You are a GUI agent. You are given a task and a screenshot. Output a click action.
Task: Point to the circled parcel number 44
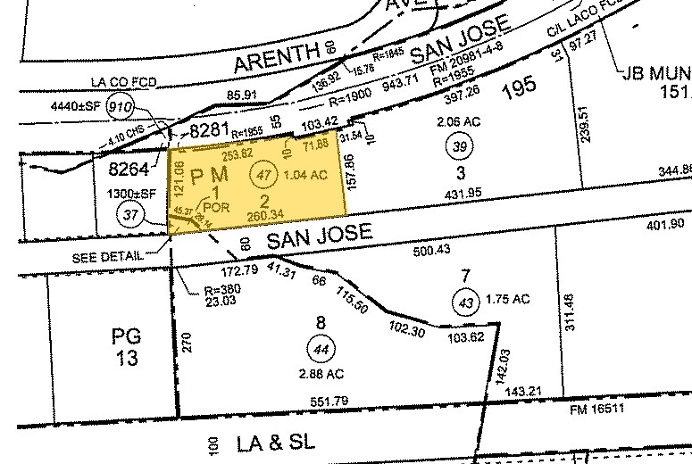(x=318, y=347)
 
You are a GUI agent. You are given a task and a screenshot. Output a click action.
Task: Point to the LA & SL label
(x=273, y=443)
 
